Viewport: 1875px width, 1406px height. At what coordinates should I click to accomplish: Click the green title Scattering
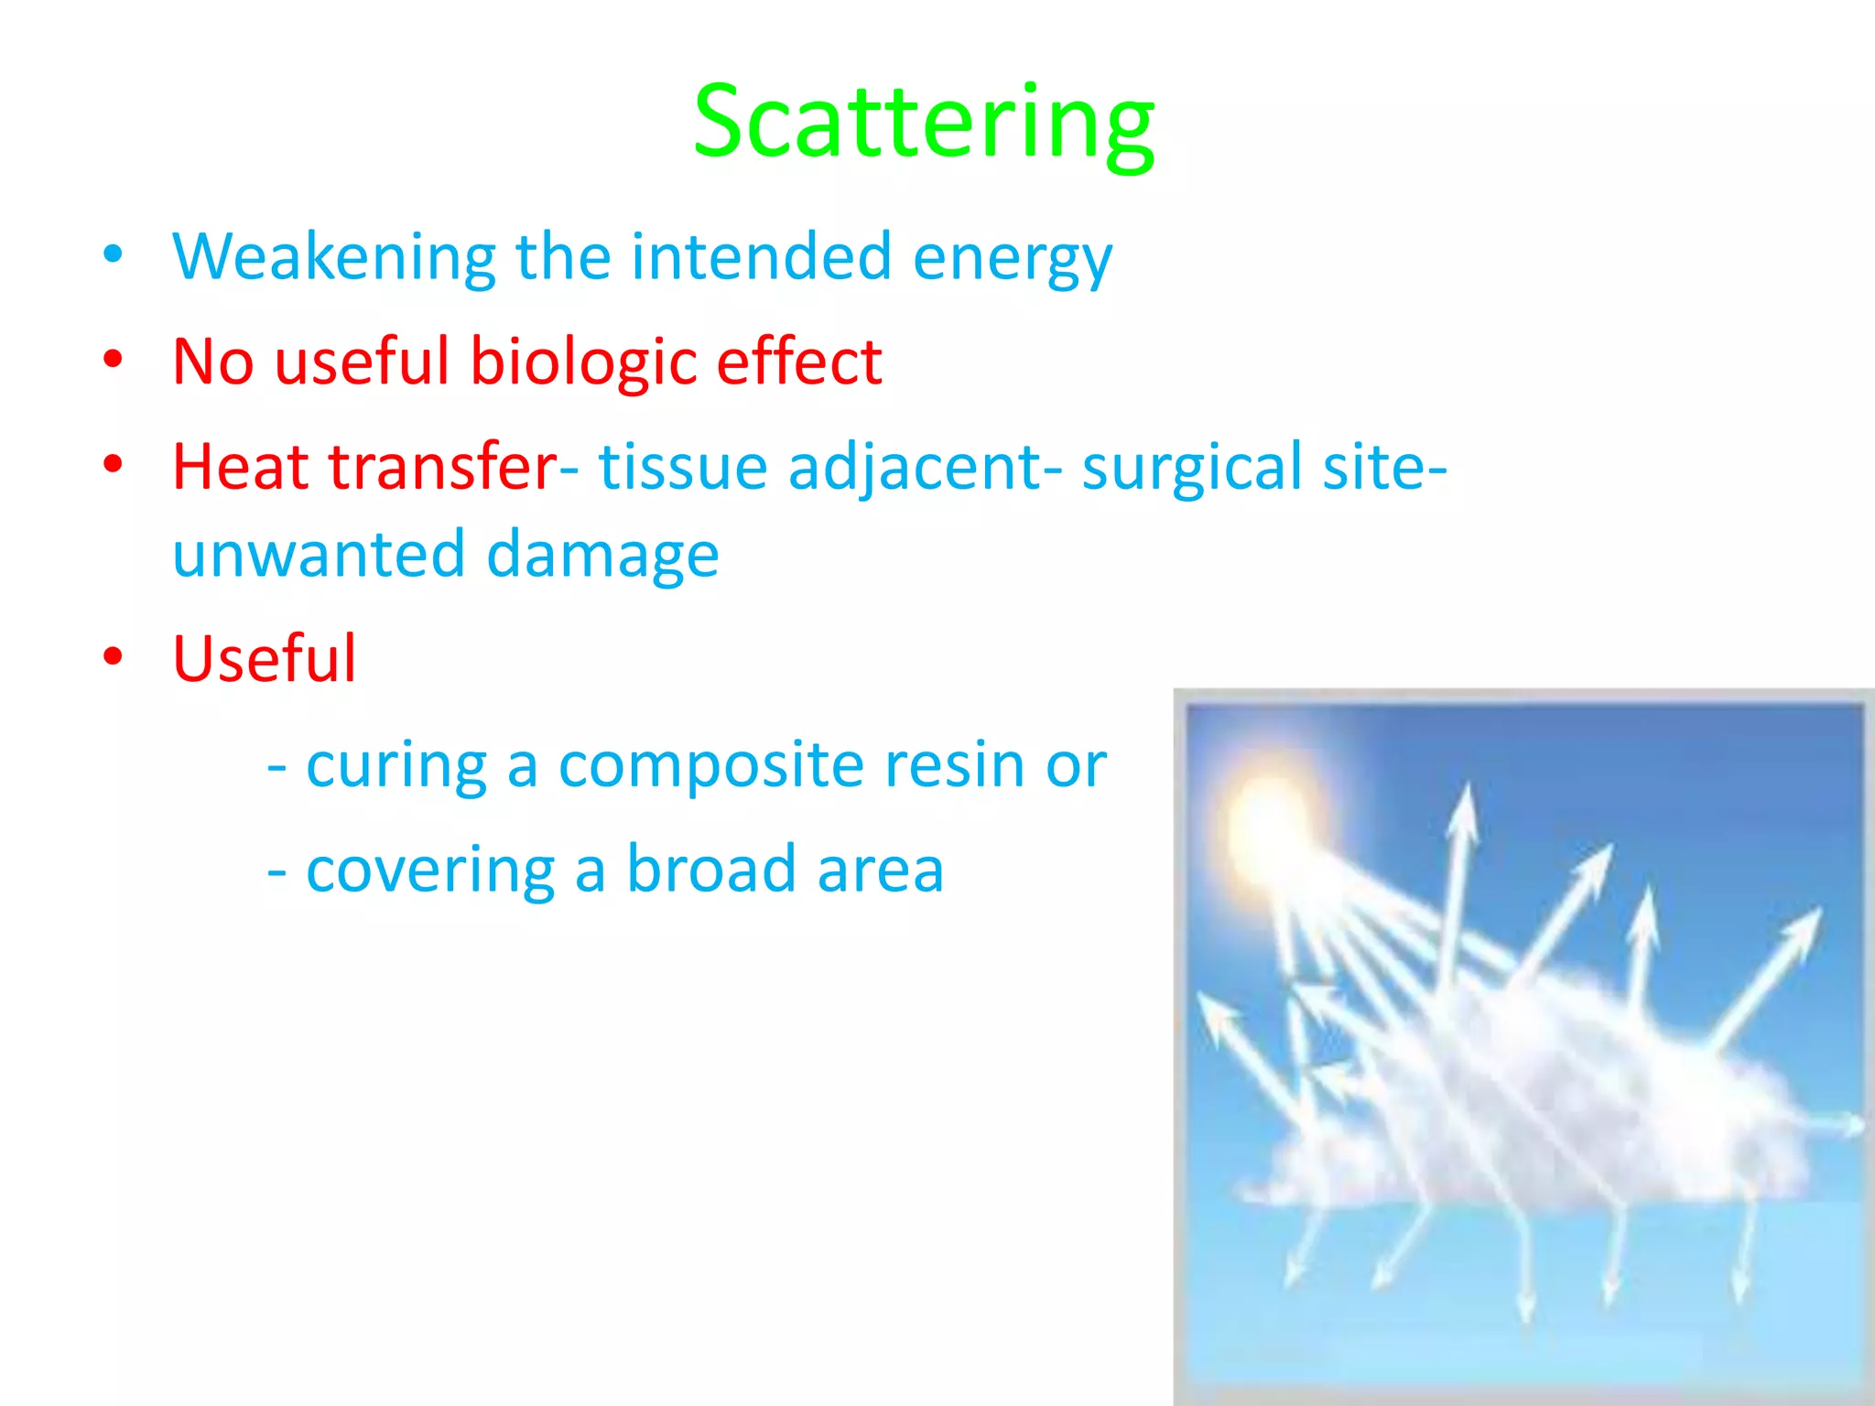point(923,124)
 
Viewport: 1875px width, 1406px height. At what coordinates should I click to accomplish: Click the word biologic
point(584,362)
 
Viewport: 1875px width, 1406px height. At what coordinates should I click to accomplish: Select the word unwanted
point(319,555)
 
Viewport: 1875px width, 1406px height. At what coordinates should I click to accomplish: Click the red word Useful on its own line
point(264,659)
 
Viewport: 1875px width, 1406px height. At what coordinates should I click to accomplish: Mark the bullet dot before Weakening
point(113,254)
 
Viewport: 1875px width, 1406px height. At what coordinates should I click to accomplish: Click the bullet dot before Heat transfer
point(113,464)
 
